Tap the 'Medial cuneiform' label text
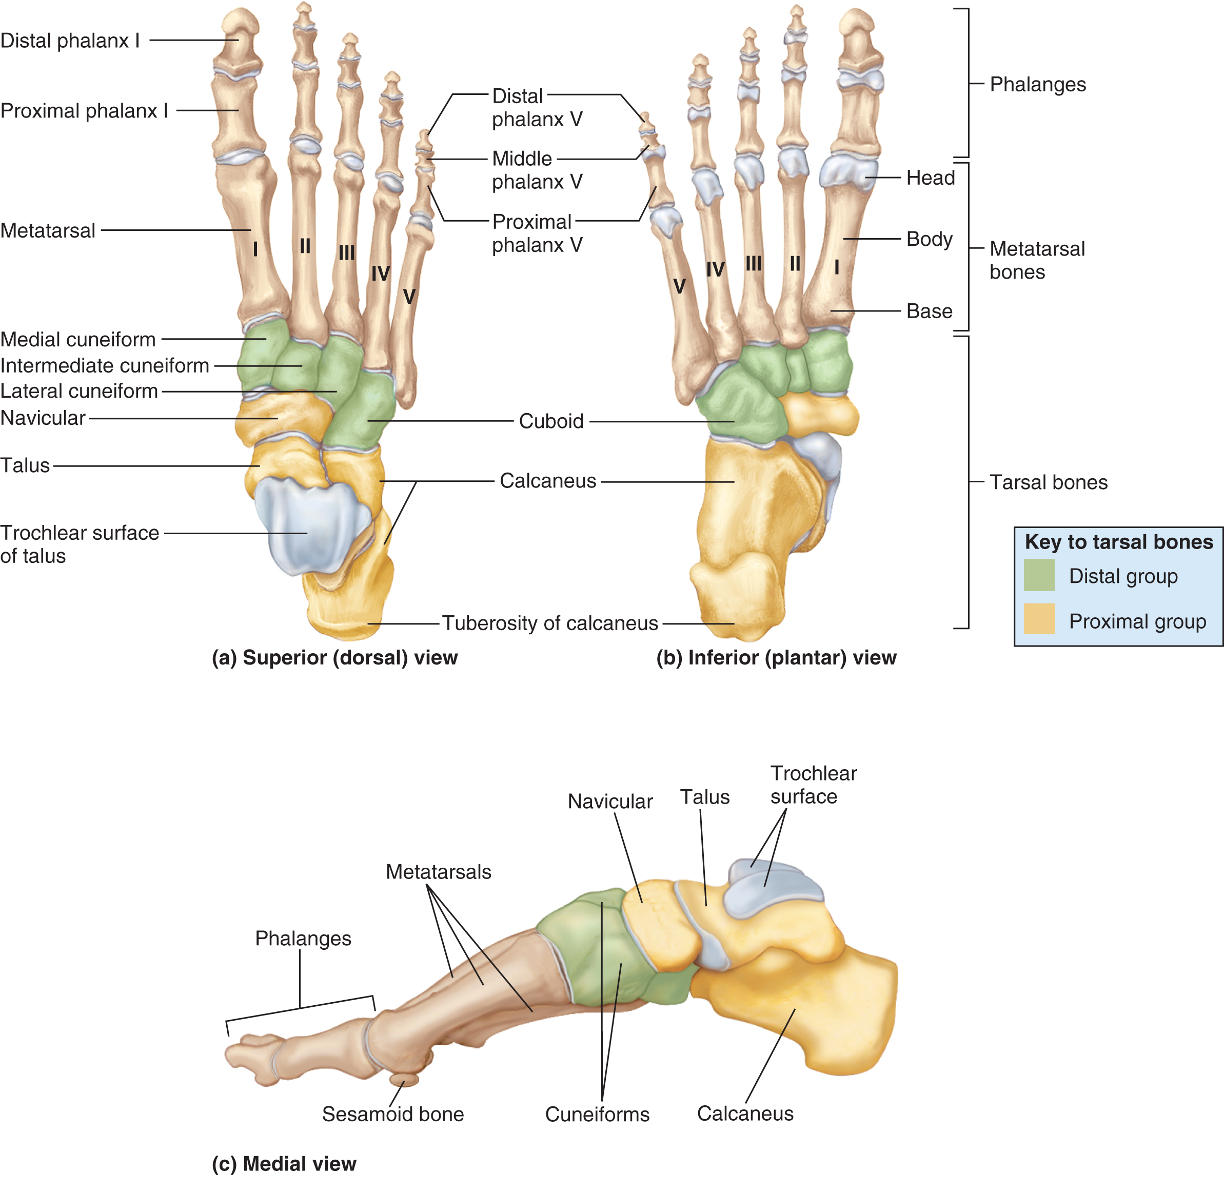(77, 340)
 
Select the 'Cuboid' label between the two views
(551, 421)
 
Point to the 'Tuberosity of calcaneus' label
(550, 623)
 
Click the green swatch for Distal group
(1039, 575)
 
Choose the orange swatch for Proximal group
(1039, 619)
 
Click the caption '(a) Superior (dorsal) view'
(334, 657)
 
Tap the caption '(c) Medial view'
(284, 1163)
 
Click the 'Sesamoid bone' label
(393, 1114)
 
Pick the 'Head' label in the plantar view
(930, 178)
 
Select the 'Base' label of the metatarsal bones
(929, 311)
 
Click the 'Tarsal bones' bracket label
(1048, 482)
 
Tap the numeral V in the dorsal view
(409, 297)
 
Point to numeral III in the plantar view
(754, 263)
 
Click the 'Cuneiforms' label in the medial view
(597, 1114)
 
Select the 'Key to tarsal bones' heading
(1118, 542)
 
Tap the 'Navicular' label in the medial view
(610, 802)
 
